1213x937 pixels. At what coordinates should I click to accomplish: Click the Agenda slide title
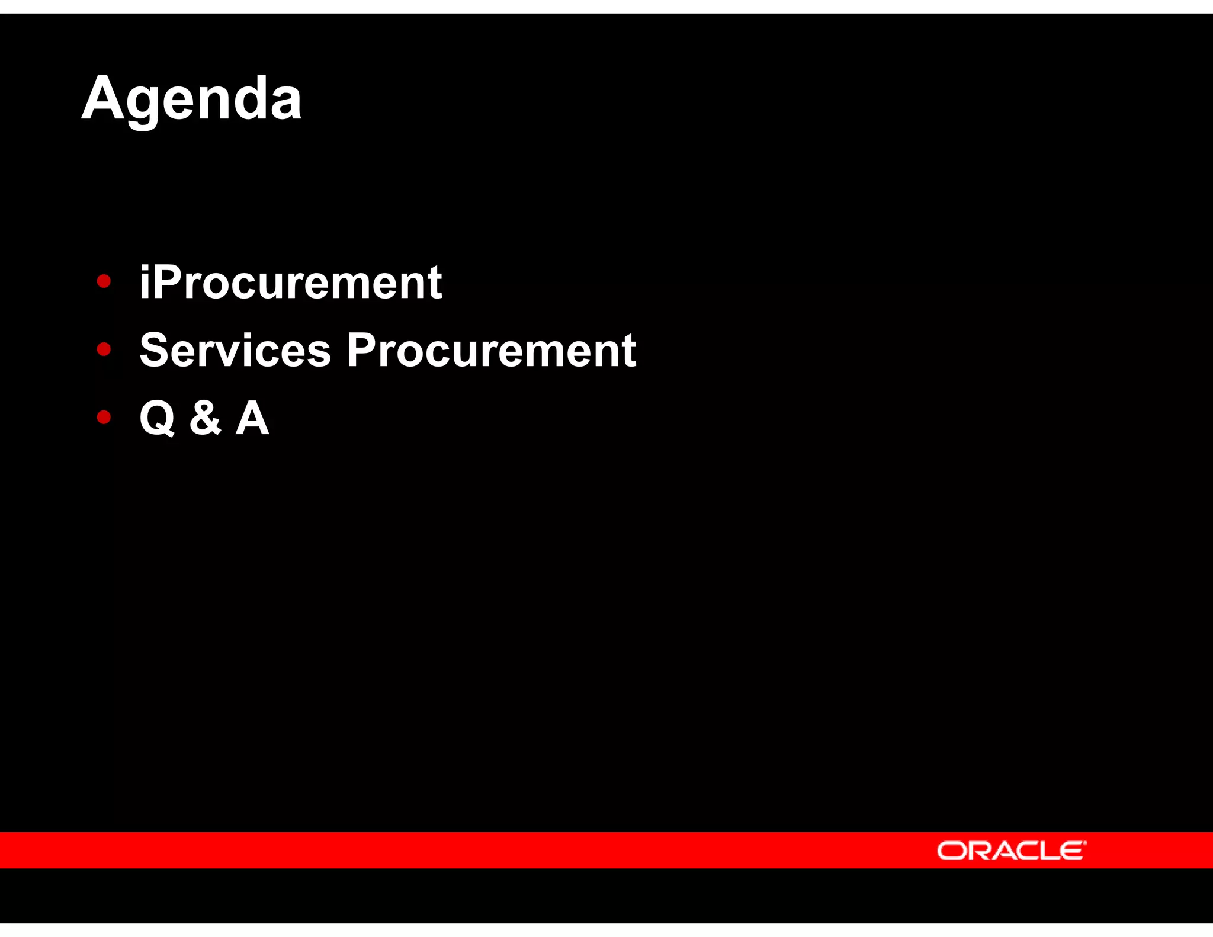(191, 99)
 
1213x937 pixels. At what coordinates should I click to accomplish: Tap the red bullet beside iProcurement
(104, 281)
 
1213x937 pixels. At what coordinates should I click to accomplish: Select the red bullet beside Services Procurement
(104, 349)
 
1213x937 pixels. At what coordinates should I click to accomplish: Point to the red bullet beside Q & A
(104, 418)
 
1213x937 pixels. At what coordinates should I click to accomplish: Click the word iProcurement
(290, 283)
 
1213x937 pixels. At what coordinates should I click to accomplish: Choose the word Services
(235, 350)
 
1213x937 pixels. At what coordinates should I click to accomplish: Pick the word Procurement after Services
(491, 350)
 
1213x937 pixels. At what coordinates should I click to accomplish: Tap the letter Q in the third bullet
(157, 418)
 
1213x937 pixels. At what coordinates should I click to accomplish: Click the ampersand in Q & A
(205, 418)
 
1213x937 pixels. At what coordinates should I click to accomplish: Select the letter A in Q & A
(252, 418)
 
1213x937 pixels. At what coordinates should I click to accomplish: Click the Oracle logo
(1011, 851)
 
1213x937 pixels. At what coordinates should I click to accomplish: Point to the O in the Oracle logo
(950, 851)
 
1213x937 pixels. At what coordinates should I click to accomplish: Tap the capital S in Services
(155, 350)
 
